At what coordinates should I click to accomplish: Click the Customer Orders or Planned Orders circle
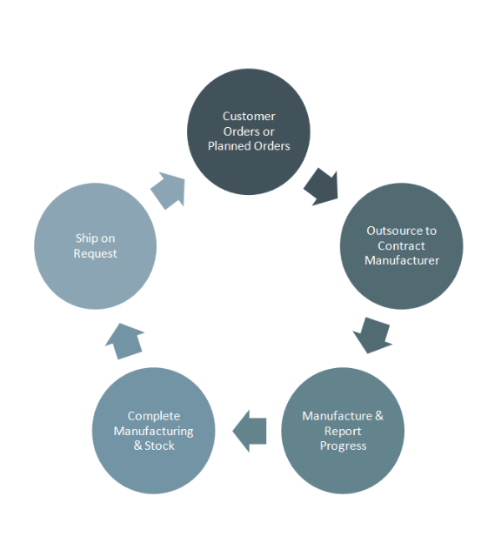tap(249, 131)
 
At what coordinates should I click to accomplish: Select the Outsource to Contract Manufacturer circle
tap(401, 245)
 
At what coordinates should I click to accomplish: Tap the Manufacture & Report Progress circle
tap(343, 431)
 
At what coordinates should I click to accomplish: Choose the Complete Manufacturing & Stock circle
tap(154, 431)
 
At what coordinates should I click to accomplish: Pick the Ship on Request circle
tap(95, 245)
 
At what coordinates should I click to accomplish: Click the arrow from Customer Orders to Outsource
tap(321, 185)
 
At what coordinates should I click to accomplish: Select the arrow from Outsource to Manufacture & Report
tap(372, 334)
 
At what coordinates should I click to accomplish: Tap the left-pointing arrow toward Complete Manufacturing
tap(250, 431)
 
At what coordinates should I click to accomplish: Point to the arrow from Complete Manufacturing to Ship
tap(124, 339)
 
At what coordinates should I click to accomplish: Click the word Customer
tap(249, 116)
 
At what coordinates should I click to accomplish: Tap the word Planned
tap(229, 145)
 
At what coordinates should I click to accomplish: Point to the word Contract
tap(401, 245)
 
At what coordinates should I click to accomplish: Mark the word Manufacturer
tap(401, 260)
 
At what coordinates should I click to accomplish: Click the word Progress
tap(343, 446)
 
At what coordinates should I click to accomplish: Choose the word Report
tap(343, 431)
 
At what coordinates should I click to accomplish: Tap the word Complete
tap(154, 416)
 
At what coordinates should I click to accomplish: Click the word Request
tap(95, 253)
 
